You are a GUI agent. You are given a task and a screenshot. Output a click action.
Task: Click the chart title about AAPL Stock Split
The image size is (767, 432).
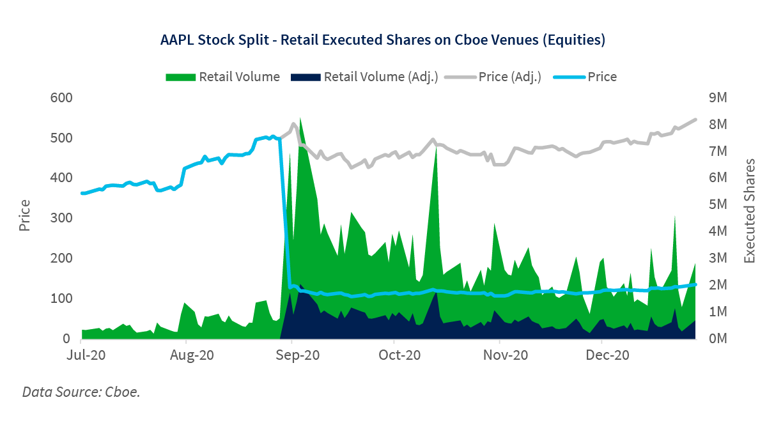click(382, 40)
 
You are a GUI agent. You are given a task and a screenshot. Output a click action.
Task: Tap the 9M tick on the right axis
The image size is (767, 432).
click(718, 97)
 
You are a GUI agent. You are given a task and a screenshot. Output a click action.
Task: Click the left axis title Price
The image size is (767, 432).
click(26, 216)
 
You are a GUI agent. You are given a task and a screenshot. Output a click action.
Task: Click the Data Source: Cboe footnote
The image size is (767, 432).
click(81, 391)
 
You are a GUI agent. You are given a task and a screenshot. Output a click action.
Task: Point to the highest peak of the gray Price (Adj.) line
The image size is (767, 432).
click(695, 119)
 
